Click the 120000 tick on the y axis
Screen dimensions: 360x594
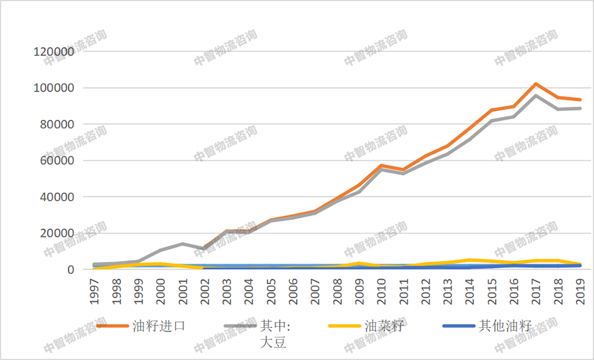coord(55,52)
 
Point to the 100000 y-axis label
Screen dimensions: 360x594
coord(55,88)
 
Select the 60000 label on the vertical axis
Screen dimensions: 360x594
coord(58,161)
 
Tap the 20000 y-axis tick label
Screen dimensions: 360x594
coord(58,233)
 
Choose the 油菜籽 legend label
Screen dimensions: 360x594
coord(384,325)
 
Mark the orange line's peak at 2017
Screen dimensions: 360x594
coord(536,84)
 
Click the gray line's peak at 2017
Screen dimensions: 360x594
coord(536,95)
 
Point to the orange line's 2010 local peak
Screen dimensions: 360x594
coord(382,165)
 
